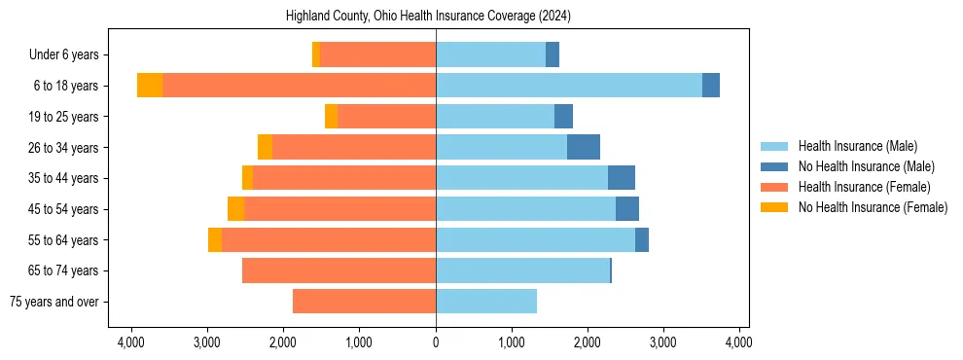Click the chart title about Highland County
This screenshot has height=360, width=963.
[x=428, y=17]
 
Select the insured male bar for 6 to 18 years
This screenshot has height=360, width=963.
[x=569, y=86]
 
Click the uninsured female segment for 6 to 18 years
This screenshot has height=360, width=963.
[x=150, y=86]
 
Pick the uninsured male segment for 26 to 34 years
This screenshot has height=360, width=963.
[x=584, y=147]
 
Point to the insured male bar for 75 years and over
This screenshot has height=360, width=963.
[x=486, y=302]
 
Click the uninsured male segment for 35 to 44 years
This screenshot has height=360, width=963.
[x=622, y=178]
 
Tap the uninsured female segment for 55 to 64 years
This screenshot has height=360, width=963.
[x=215, y=240]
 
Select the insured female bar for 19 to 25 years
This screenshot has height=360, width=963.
[x=386, y=117]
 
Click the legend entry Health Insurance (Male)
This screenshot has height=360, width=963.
[x=857, y=146]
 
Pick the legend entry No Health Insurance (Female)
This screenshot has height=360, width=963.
[x=873, y=207]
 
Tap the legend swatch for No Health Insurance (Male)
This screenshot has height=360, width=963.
[x=776, y=166]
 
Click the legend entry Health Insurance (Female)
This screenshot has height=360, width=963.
[x=864, y=187]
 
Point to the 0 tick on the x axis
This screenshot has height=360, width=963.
[x=436, y=342]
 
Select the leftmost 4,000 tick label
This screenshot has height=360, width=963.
[x=131, y=342]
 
